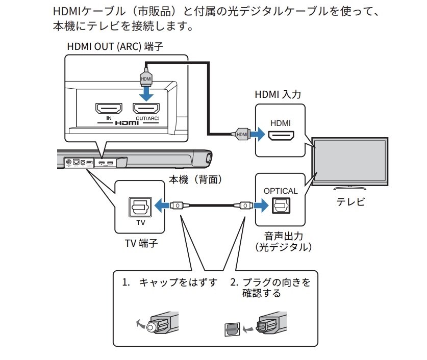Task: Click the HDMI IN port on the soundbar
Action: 109,109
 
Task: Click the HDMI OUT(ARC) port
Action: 146,109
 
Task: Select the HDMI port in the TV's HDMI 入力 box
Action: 280,135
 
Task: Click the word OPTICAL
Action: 280,191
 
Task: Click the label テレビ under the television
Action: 350,202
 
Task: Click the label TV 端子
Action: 140,244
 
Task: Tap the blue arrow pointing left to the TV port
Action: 162,205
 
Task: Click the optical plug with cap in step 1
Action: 163,324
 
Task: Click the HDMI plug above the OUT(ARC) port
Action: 146,78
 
